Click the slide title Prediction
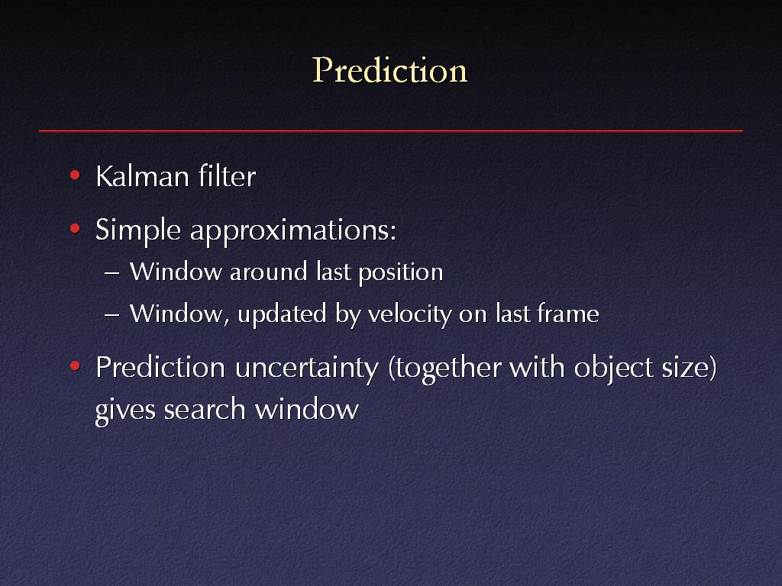coord(389,70)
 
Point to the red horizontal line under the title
coord(391,130)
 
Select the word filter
coord(228,176)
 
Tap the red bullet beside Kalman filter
coord(75,175)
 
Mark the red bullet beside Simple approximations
coord(75,229)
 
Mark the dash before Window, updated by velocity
coord(112,315)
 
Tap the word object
coord(613,369)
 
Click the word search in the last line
coord(205,410)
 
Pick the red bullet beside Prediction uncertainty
coord(75,366)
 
